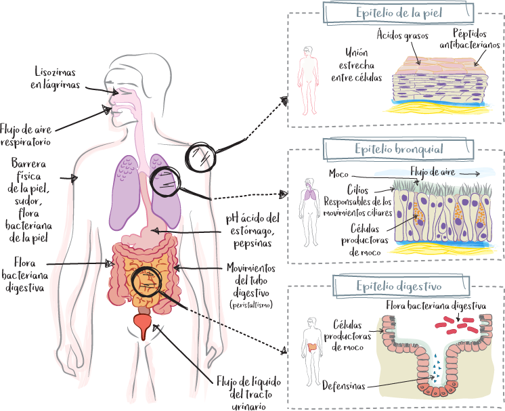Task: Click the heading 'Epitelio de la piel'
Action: tap(394, 13)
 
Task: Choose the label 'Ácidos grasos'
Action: tap(402, 36)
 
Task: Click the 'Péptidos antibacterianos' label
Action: tap(470, 39)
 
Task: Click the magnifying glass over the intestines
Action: tap(146, 282)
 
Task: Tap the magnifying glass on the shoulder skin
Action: tap(202, 158)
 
